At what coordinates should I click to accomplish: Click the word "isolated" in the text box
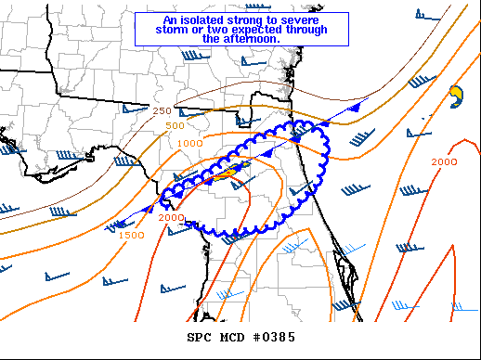pos(198,19)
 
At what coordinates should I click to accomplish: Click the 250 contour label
pos(162,110)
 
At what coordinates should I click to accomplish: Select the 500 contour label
pos(175,125)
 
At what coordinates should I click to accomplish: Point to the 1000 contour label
pos(190,144)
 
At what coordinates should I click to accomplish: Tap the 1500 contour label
pos(131,236)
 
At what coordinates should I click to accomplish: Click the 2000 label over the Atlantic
pos(444,162)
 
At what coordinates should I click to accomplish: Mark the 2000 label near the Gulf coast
pos(171,218)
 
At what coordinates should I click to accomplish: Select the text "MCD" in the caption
pos(232,337)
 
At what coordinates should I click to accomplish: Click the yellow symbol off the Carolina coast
pos(455,94)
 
